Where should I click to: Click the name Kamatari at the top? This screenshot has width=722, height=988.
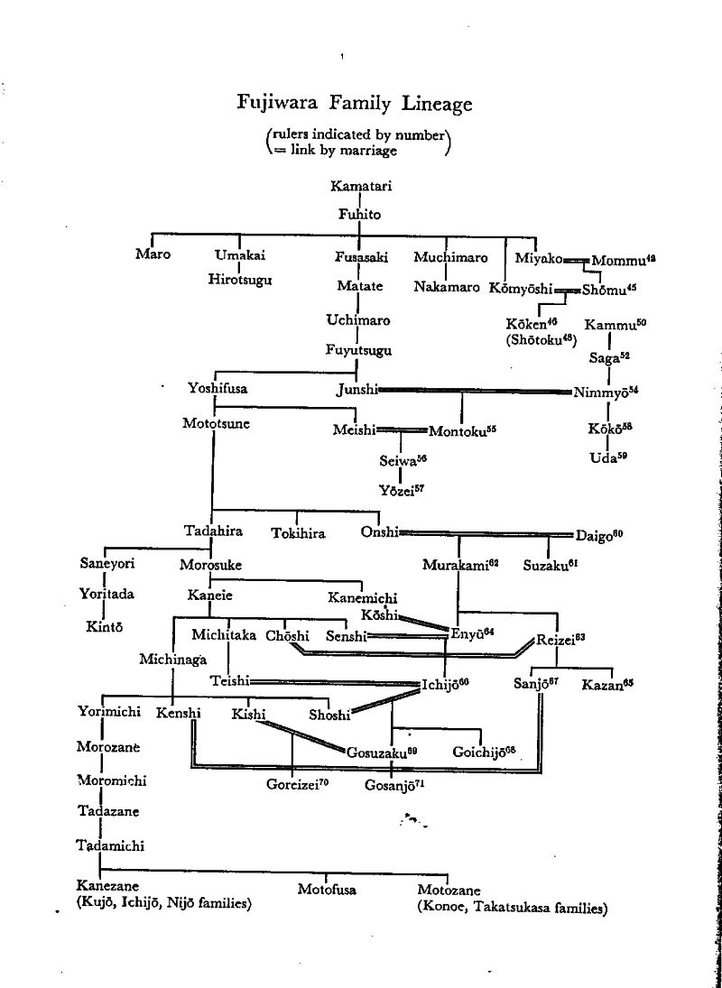tap(360, 187)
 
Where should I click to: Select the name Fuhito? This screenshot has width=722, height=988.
tap(359, 215)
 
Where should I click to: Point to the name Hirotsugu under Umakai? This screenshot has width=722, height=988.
tap(240, 279)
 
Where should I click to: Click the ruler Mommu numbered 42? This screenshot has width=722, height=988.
tap(622, 261)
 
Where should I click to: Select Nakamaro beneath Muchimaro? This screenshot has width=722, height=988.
tap(447, 287)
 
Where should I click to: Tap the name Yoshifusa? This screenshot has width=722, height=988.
tap(218, 389)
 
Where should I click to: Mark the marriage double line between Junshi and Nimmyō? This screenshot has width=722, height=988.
tap(474, 391)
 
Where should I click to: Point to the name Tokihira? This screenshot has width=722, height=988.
tap(298, 533)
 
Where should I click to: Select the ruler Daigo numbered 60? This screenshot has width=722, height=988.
tap(598, 534)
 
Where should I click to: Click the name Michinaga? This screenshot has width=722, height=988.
tap(173, 659)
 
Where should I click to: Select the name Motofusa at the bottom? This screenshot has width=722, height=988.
tap(327, 890)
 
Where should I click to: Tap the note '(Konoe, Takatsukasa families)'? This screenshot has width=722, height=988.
tap(512, 908)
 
